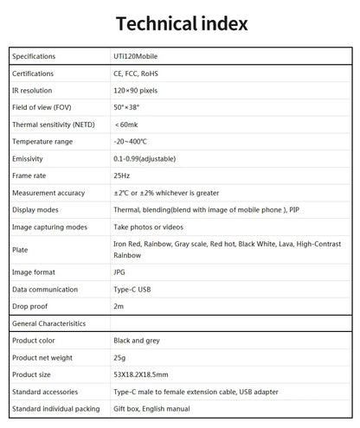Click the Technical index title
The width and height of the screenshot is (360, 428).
[180, 22]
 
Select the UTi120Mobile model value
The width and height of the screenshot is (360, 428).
[136, 57]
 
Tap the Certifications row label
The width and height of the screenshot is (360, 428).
[34, 73]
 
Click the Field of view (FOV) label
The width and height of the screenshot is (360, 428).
[41, 107]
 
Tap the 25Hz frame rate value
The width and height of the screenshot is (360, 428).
[122, 176]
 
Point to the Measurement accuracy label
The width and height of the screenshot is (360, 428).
[48, 193]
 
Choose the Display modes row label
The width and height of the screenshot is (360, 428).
[35, 209]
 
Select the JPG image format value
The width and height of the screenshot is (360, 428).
[120, 271]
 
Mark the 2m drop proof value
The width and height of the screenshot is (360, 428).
[119, 306]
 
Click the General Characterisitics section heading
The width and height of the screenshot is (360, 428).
[49, 323]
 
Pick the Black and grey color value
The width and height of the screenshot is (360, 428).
[139, 340]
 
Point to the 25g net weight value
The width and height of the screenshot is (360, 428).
[119, 357]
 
